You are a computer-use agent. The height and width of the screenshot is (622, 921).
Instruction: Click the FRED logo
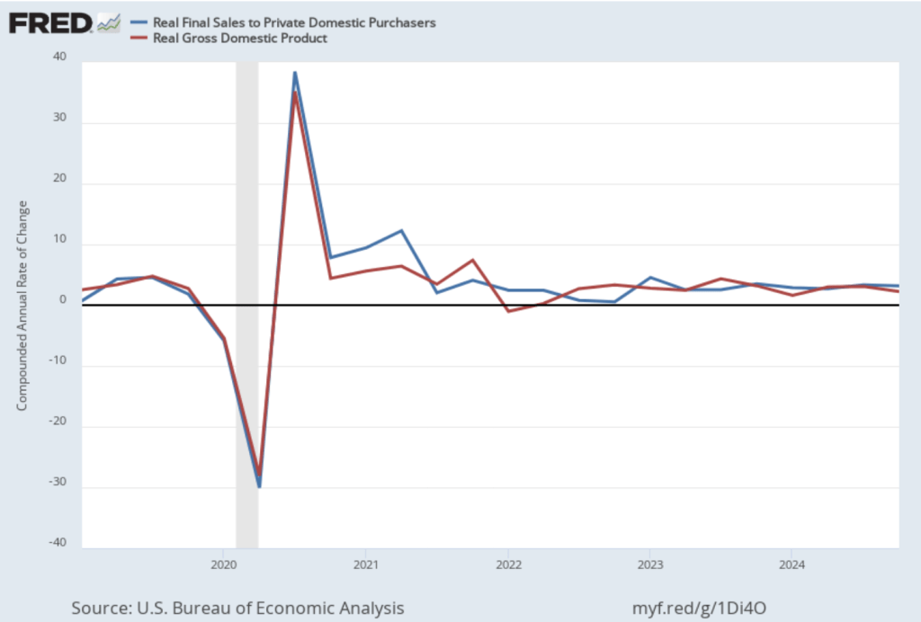(x=50, y=22)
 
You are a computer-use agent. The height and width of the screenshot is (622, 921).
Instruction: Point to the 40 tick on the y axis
(x=60, y=58)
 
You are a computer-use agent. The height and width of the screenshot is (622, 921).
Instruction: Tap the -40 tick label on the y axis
(x=58, y=542)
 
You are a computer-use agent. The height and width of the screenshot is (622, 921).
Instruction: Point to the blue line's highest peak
(x=294, y=73)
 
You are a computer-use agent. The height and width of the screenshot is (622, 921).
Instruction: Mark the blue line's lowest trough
(x=259, y=486)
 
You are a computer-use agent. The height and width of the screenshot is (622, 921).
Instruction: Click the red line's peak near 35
(x=294, y=93)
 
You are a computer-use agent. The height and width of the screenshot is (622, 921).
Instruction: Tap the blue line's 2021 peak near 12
(x=401, y=231)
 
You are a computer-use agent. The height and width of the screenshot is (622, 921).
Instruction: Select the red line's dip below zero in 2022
(x=508, y=311)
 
